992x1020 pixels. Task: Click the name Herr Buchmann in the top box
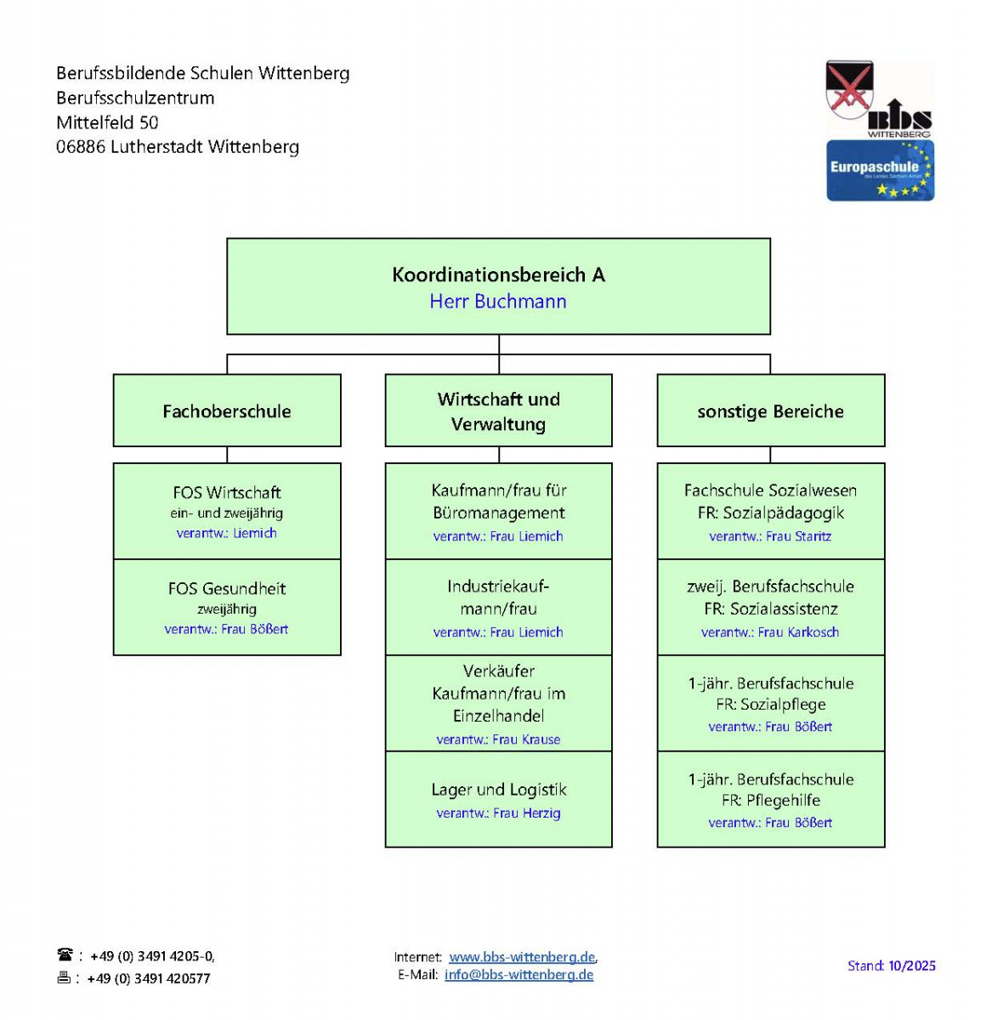tap(497, 302)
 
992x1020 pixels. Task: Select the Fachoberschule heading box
tap(227, 411)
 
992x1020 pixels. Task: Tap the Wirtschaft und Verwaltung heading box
tap(498, 411)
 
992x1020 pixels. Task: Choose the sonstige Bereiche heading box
tap(770, 411)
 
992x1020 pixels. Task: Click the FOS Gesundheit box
tap(227, 607)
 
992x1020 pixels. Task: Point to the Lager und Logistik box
tap(498, 799)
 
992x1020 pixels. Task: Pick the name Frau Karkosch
tap(798, 632)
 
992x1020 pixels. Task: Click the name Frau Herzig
tap(526, 813)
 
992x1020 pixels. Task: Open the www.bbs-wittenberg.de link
tap(522, 957)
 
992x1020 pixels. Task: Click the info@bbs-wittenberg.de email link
tap(519, 975)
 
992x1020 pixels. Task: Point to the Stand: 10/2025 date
tap(891, 966)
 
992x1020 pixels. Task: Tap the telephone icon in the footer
tap(65, 955)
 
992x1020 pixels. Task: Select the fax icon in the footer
tap(64, 977)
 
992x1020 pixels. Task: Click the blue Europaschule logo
tap(880, 171)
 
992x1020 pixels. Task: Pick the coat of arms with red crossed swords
tap(849, 90)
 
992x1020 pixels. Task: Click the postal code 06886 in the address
tap(81, 147)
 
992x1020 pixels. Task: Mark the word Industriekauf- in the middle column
tap(498, 586)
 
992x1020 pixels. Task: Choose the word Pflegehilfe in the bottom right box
tap(783, 801)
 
